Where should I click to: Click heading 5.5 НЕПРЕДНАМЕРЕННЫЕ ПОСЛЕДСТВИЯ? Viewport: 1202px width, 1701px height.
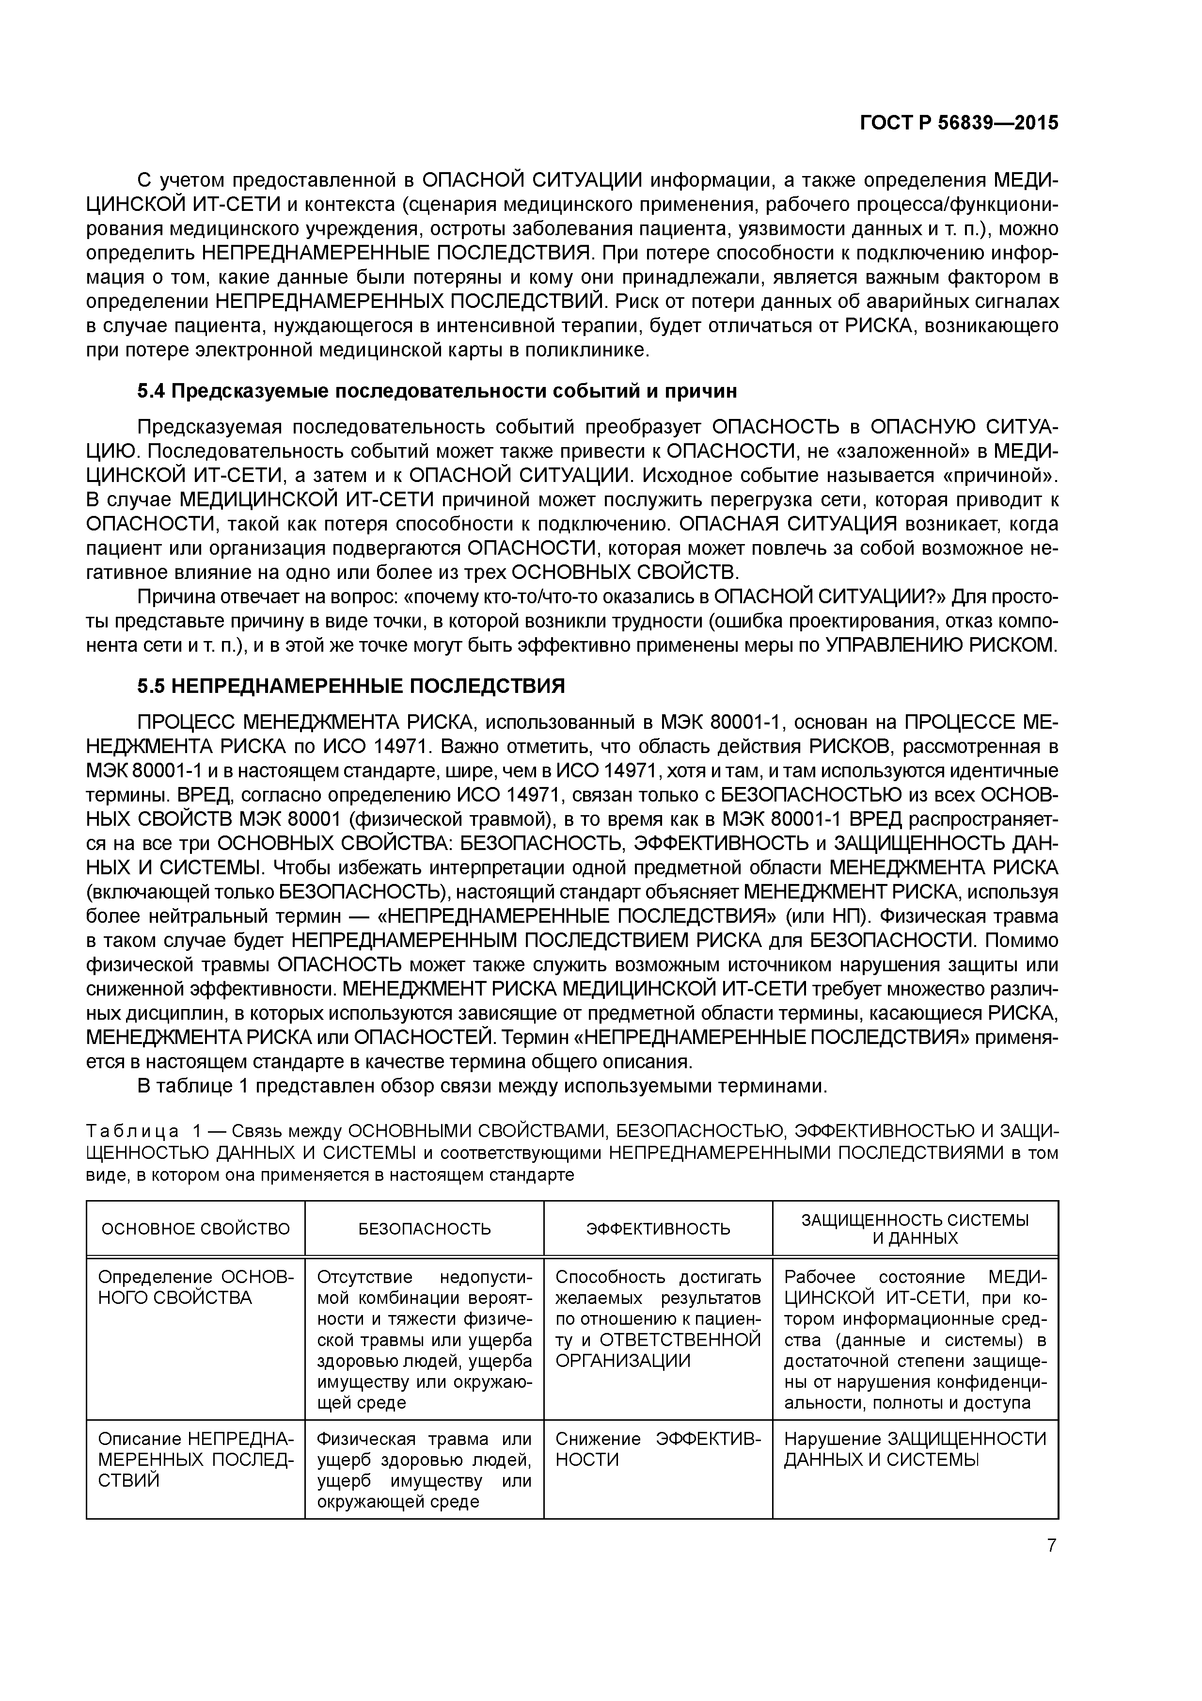[350, 686]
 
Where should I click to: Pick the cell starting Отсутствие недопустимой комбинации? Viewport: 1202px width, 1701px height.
[425, 1360]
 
